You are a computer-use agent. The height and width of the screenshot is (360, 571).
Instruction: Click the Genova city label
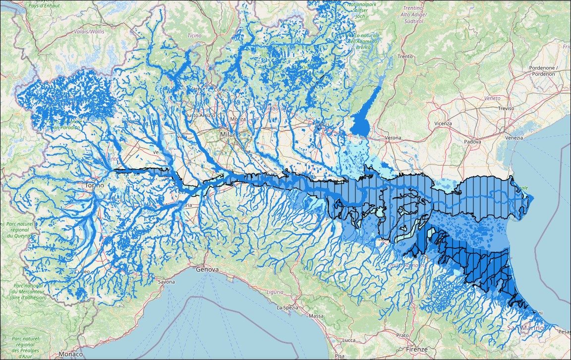click(207, 270)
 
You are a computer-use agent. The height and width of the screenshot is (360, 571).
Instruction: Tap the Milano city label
click(230, 134)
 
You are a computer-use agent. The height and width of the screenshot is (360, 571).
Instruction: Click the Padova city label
click(472, 142)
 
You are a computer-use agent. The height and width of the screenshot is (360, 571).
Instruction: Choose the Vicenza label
click(443, 123)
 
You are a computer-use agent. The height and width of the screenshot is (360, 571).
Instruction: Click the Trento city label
click(405, 57)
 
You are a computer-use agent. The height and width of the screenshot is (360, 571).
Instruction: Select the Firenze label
click(416, 350)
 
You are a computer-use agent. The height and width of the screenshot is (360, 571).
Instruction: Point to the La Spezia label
click(286, 307)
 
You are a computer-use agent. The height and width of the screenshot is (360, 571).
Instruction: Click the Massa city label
click(316, 316)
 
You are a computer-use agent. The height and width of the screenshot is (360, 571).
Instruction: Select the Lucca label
click(349, 340)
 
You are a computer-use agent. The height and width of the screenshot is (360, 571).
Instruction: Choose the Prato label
click(402, 336)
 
